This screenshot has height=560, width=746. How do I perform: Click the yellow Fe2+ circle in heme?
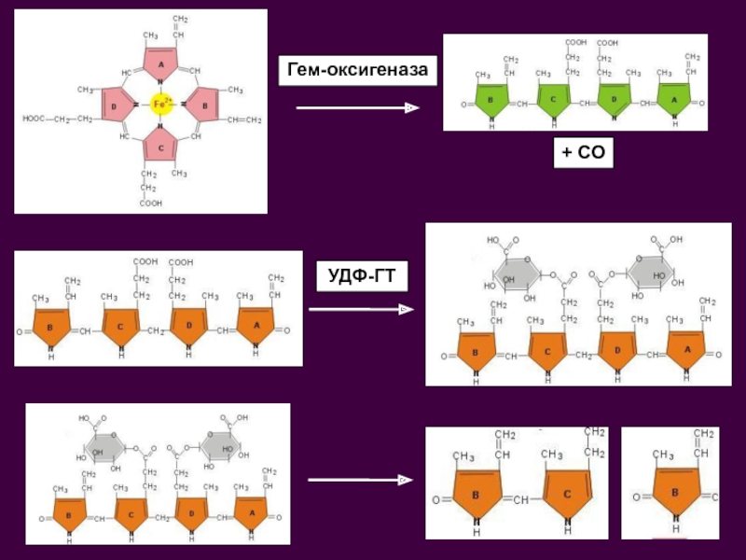tap(159, 105)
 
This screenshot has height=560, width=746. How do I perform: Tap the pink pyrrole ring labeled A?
tap(159, 63)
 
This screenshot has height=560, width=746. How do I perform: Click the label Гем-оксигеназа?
tap(359, 71)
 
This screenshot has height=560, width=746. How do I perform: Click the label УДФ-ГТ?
tap(359, 276)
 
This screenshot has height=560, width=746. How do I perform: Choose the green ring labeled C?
tap(552, 98)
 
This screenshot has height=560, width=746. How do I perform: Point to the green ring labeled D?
tap(614, 98)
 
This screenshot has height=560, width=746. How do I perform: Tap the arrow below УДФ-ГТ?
tap(360, 309)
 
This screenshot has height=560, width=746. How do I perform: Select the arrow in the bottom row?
tap(360, 480)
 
